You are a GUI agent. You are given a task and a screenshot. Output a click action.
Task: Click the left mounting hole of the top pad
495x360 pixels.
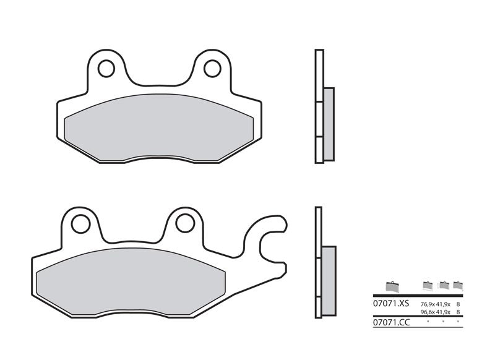point(106,68)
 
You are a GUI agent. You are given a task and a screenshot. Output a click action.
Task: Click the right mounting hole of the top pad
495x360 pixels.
point(212,68)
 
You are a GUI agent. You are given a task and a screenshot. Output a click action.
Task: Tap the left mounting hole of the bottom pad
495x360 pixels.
point(80,223)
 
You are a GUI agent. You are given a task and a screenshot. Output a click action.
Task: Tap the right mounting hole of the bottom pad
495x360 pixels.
point(185,223)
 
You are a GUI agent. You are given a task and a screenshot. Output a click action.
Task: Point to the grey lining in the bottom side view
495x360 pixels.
point(329,281)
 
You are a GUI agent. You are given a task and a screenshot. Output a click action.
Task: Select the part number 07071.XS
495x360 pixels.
point(391,304)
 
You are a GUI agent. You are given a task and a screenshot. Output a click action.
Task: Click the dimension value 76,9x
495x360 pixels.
point(428,304)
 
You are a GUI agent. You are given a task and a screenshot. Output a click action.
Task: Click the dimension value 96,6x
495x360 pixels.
point(428,312)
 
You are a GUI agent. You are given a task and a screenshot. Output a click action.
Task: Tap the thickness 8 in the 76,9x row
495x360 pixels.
point(458,304)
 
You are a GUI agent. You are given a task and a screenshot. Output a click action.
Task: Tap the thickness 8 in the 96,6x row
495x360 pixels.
point(458,312)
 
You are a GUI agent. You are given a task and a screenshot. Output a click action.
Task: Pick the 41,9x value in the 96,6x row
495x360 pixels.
point(444,312)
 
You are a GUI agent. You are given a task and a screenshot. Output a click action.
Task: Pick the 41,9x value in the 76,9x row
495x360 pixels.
point(444,304)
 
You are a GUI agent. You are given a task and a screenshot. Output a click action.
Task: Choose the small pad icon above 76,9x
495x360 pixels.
point(428,285)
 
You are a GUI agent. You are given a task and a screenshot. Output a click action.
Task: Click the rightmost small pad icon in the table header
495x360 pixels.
point(458,285)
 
